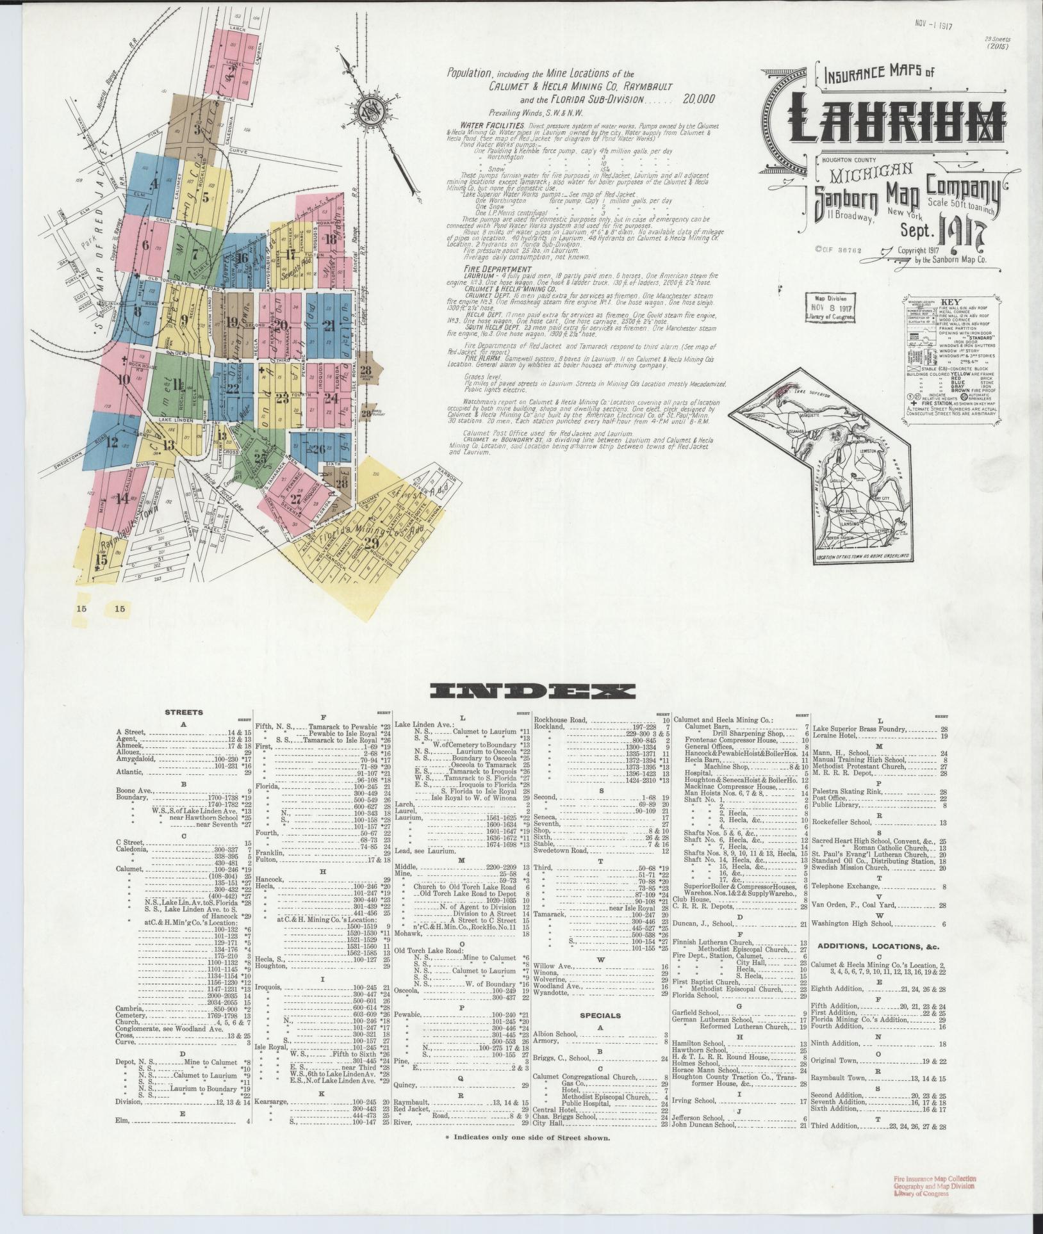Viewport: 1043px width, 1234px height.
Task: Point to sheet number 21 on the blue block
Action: click(x=329, y=325)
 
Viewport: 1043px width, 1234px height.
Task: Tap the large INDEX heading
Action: click(x=532, y=691)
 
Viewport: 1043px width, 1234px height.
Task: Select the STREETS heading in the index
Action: click(x=184, y=711)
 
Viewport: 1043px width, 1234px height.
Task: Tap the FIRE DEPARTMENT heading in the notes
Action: click(x=491, y=270)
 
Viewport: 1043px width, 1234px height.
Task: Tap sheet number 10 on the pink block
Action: click(x=124, y=378)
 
